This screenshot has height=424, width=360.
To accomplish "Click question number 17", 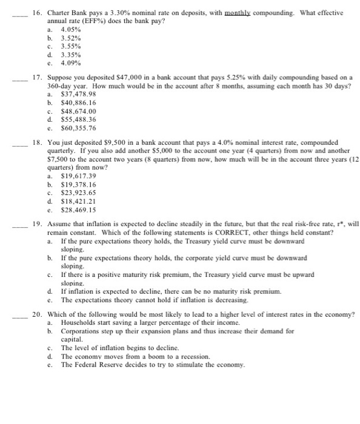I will pos(36,78).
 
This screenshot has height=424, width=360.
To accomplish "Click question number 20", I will pos(36,314).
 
